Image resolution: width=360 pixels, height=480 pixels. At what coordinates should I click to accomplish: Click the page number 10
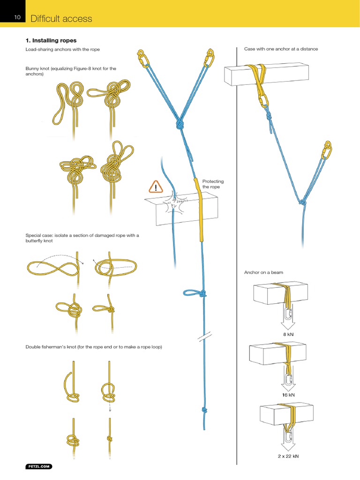pyautogui.click(x=17, y=18)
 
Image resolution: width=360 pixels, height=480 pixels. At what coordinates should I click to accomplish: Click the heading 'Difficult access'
pyautogui.click(x=61, y=19)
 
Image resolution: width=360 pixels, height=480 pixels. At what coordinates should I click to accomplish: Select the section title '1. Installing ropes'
pyautogui.click(x=51, y=41)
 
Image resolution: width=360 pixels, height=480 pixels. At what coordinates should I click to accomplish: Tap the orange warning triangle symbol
pyautogui.click(x=155, y=187)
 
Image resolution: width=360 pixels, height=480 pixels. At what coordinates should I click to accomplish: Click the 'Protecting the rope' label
pyautogui.click(x=213, y=184)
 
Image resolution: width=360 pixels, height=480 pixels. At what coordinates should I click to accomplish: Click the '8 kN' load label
pyautogui.click(x=288, y=335)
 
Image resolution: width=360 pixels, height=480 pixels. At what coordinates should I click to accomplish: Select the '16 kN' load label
pyautogui.click(x=288, y=395)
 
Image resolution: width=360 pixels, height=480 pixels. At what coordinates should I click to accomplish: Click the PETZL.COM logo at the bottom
pyautogui.click(x=39, y=466)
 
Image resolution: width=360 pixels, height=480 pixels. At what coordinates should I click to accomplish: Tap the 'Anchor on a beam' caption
pyautogui.click(x=263, y=272)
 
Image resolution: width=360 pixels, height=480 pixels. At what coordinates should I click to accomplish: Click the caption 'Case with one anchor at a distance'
pyautogui.click(x=281, y=49)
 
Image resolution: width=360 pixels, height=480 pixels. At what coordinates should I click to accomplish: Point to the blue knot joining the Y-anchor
pyautogui.click(x=180, y=125)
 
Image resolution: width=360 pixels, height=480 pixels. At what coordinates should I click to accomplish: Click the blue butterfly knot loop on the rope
pyautogui.click(x=192, y=293)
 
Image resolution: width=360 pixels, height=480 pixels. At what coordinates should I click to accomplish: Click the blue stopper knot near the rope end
pyautogui.click(x=204, y=410)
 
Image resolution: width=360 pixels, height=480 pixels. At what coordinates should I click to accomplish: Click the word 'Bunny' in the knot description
pyautogui.click(x=33, y=69)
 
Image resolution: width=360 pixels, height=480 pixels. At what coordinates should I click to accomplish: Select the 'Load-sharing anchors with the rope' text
pyautogui.click(x=62, y=49)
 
